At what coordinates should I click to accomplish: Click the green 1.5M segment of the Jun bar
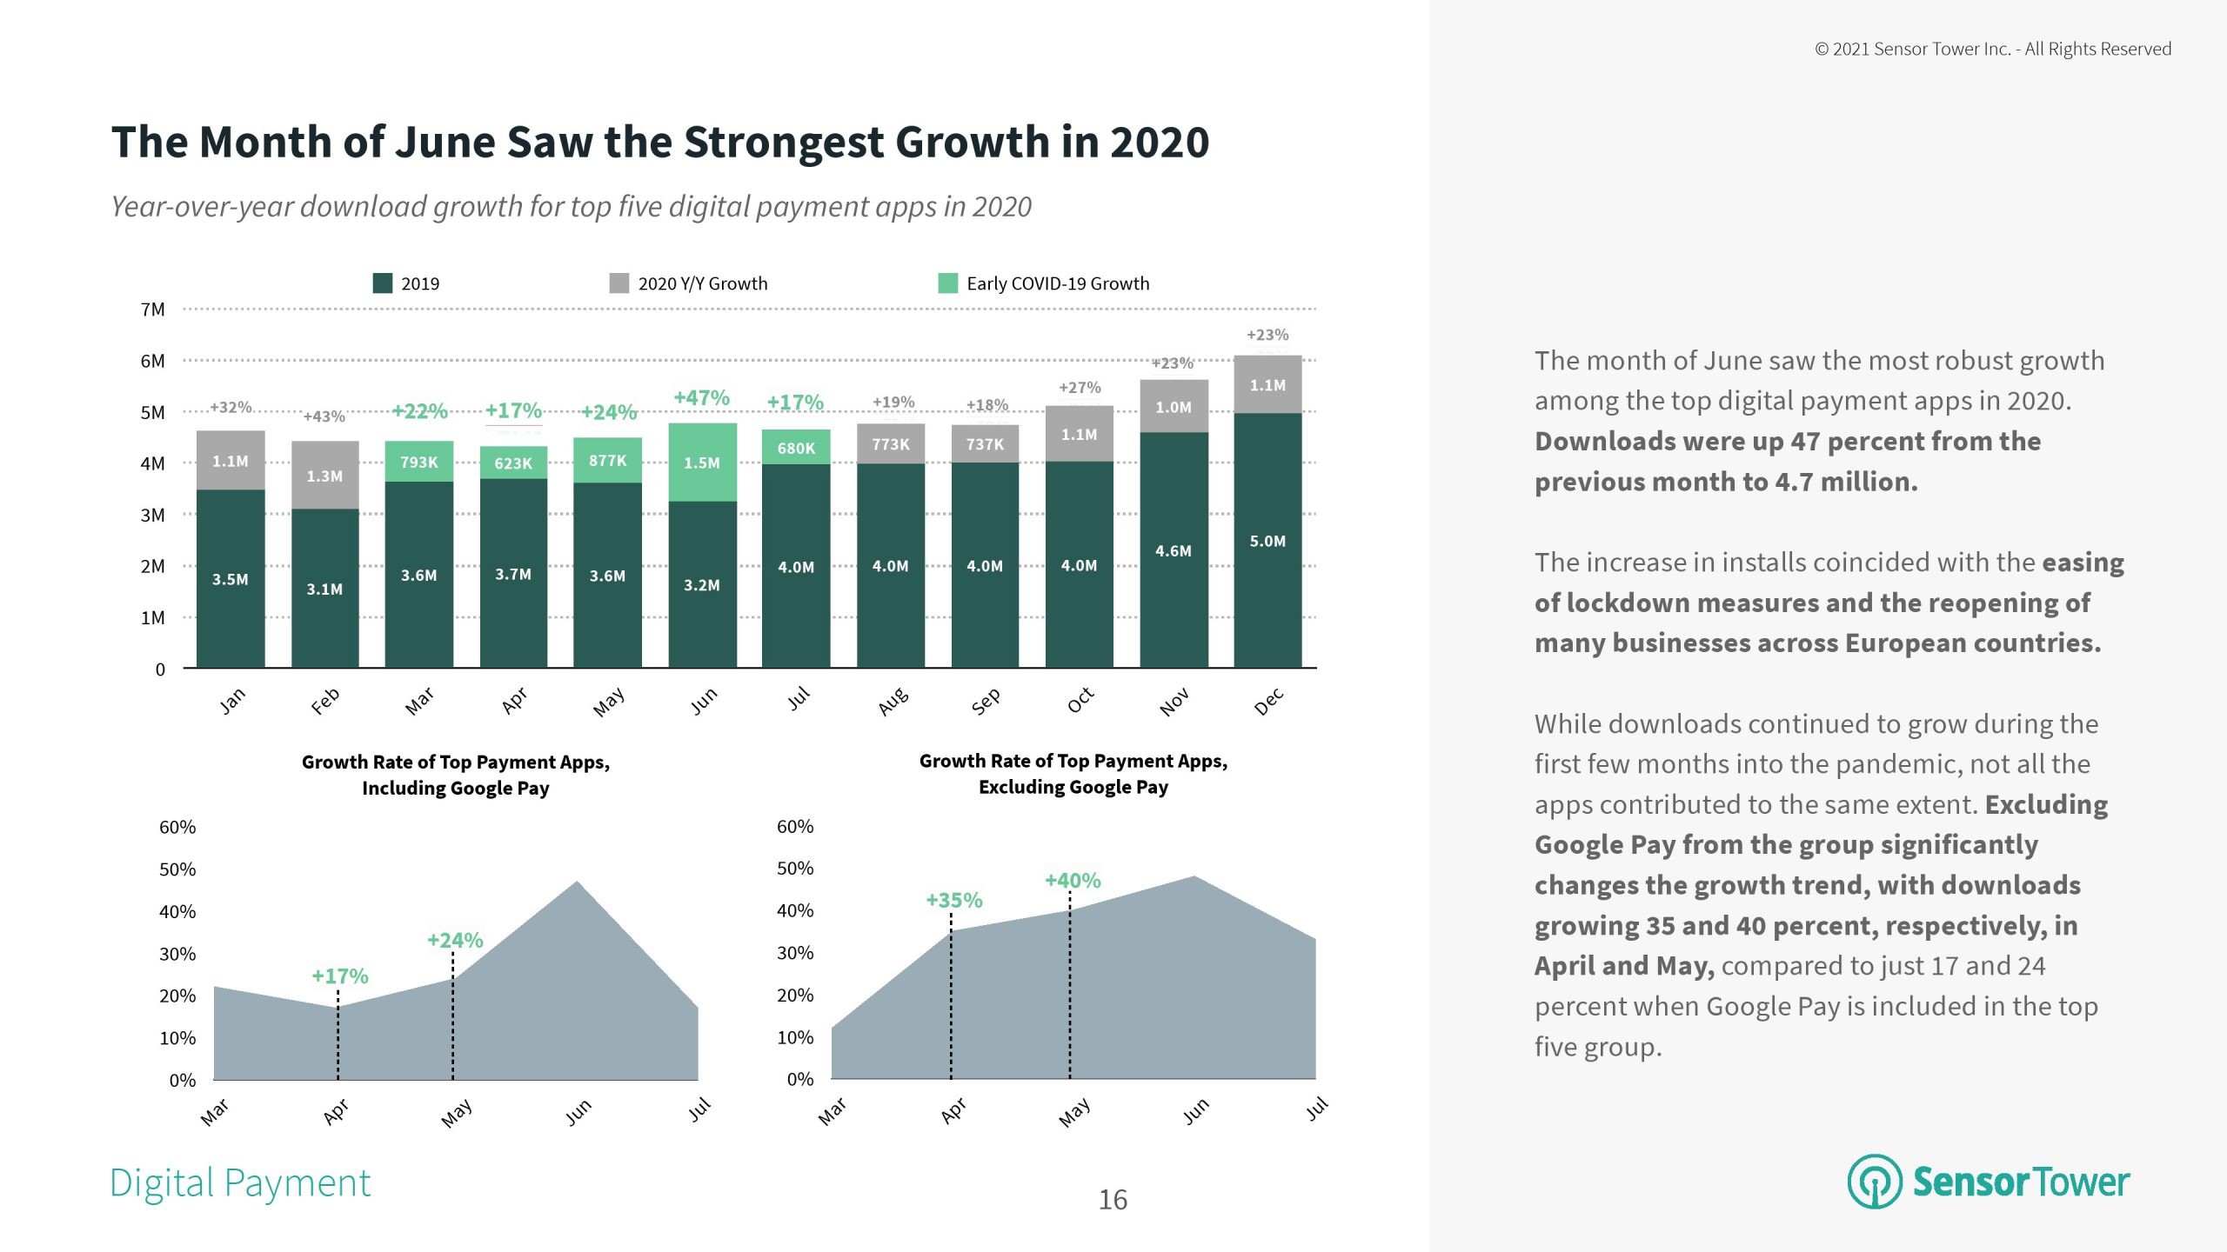click(x=702, y=463)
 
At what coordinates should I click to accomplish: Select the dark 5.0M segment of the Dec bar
click(x=1267, y=540)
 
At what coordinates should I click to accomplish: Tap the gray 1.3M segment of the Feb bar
click(x=324, y=476)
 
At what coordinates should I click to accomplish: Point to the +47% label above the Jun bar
click(x=701, y=398)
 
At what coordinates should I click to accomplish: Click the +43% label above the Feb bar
click(x=324, y=416)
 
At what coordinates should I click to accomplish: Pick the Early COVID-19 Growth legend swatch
click(x=947, y=283)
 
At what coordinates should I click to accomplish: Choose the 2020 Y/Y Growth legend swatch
click(x=619, y=283)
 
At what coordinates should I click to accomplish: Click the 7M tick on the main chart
click(x=153, y=310)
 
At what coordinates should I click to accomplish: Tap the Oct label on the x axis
click(x=1080, y=700)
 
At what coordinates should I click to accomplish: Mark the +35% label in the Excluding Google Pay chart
click(x=953, y=900)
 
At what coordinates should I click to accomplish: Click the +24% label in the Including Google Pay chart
click(x=454, y=940)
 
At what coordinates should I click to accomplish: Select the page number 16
click(x=1113, y=1200)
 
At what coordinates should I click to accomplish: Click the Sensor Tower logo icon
click(x=1875, y=1182)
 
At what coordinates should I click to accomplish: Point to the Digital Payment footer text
click(x=240, y=1183)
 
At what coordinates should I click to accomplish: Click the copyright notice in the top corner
click(x=1992, y=50)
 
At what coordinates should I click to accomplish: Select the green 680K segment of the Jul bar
click(x=796, y=447)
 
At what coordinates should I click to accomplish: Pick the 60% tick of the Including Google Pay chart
click(x=177, y=827)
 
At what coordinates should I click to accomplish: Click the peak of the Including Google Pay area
click(x=578, y=883)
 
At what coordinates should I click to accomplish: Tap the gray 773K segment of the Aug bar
click(x=891, y=443)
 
